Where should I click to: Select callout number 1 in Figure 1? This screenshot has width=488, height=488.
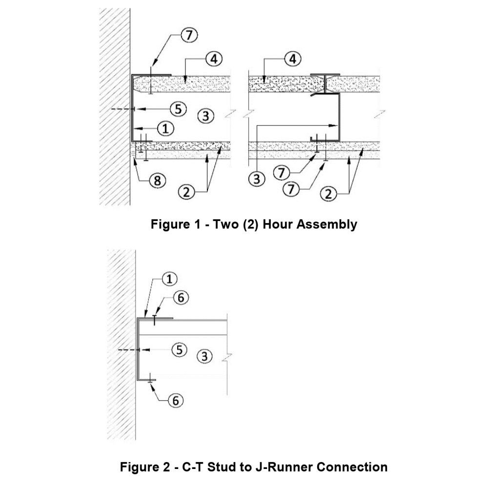[x=166, y=128]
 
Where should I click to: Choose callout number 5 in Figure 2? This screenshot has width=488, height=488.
[x=180, y=349]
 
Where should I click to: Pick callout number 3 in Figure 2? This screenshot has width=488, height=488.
[x=205, y=357]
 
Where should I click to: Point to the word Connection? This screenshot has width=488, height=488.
[x=352, y=467]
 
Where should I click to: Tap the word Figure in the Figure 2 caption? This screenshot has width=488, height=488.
[x=139, y=467]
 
